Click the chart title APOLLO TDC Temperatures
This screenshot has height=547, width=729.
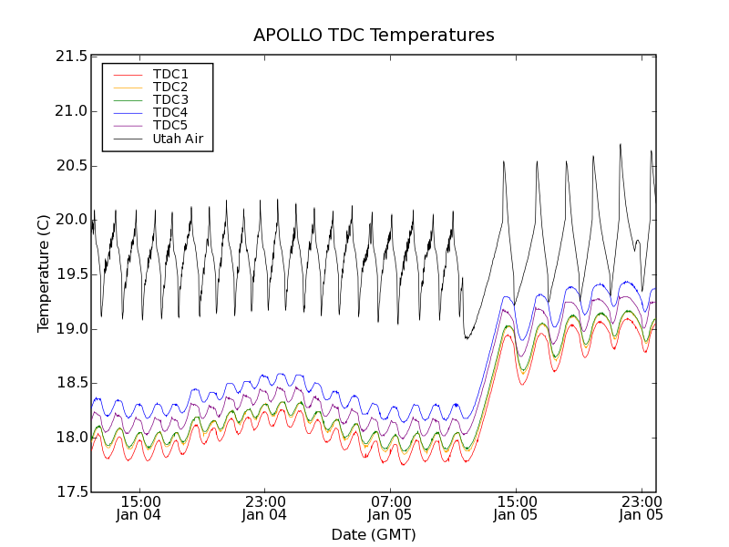pyautogui.click(x=374, y=36)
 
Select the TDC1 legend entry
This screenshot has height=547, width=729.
pyautogui.click(x=170, y=74)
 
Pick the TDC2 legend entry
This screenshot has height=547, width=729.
pyautogui.click(x=170, y=87)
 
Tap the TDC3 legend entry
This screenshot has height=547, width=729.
pyautogui.click(x=170, y=99)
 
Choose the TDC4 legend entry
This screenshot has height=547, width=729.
pyautogui.click(x=170, y=112)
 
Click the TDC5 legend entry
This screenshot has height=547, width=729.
pyautogui.click(x=170, y=125)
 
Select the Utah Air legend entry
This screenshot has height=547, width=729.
pyautogui.click(x=177, y=139)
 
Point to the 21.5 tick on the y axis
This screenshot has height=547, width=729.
pyautogui.click(x=70, y=57)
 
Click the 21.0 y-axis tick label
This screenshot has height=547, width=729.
pyautogui.click(x=70, y=111)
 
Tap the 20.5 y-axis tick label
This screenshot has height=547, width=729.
pyautogui.click(x=70, y=166)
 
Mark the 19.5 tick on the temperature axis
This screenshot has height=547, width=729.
pyautogui.click(x=70, y=274)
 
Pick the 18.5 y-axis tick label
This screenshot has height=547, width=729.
pyautogui.click(x=70, y=383)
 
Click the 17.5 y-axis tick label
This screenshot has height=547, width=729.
pyautogui.click(x=70, y=492)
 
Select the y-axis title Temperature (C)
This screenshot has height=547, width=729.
pyautogui.click(x=44, y=273)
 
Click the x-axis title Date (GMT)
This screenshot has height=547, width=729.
pyautogui.click(x=373, y=534)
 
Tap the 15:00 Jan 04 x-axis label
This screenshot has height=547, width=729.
pyautogui.click(x=140, y=508)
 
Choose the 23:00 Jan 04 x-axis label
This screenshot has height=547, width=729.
pyautogui.click(x=265, y=508)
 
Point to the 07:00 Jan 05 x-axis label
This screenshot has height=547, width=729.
pyautogui.click(x=391, y=508)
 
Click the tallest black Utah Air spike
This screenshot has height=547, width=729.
pyautogui.click(x=621, y=145)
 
